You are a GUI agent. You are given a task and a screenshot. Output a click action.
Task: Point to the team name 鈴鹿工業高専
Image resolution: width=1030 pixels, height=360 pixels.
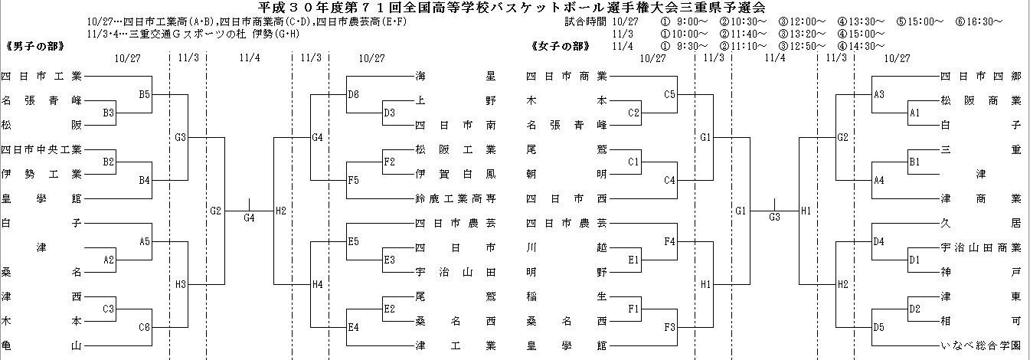(456, 198)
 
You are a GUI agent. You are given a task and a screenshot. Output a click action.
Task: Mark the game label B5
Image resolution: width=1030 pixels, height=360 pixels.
(145, 94)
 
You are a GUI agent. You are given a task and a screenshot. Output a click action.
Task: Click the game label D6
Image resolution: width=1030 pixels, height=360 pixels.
(353, 94)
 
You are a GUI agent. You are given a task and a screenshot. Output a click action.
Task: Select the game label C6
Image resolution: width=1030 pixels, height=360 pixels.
(145, 327)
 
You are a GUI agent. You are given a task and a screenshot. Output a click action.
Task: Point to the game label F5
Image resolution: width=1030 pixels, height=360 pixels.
(353, 180)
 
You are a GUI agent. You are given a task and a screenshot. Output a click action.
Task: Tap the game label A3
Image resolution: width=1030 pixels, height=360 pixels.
(879, 94)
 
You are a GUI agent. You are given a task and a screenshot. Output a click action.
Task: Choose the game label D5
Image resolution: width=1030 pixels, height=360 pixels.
(879, 327)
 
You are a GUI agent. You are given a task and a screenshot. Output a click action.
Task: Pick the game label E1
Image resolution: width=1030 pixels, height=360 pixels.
(633, 260)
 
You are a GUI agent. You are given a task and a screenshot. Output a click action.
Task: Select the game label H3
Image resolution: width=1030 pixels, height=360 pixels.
(181, 284)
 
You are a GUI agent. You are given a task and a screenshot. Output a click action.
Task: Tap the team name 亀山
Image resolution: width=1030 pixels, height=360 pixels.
(41, 345)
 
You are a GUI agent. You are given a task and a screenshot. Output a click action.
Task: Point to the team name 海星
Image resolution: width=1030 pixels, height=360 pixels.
(456, 76)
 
